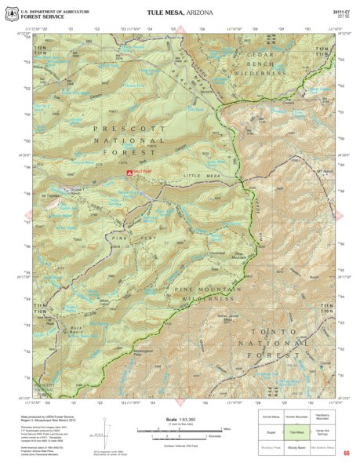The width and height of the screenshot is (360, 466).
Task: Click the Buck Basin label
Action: pyautogui.click(x=75, y=329)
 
